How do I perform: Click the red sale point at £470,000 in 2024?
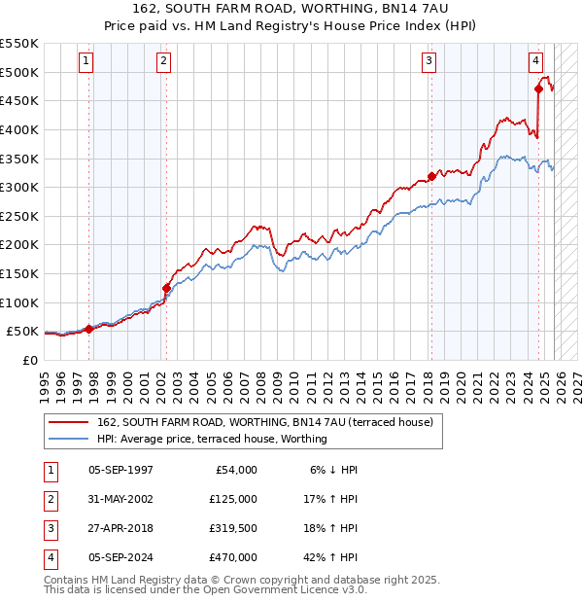[x=538, y=89]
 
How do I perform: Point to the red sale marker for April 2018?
[x=431, y=176]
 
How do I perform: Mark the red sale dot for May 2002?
[x=166, y=288]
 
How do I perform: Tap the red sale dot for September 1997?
[x=88, y=329]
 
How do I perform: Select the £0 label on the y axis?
[x=28, y=360]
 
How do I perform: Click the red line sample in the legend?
[x=68, y=422]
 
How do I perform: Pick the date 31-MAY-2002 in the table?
[x=120, y=499]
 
